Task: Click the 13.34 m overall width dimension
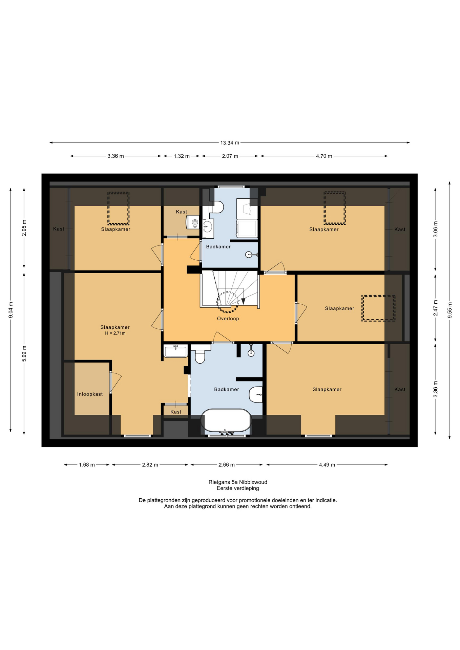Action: pyautogui.click(x=230, y=143)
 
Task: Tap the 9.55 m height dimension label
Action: pyautogui.click(x=450, y=310)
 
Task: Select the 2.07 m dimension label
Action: pyautogui.click(x=230, y=156)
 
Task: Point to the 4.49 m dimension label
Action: pyautogui.click(x=327, y=465)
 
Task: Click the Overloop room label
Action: pyautogui.click(x=228, y=319)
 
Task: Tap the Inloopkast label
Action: pyautogui.click(x=90, y=394)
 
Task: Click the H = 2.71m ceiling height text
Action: pyautogui.click(x=115, y=333)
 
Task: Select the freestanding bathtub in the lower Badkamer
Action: pyautogui.click(x=226, y=420)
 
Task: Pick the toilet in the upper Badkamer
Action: pyautogui.click(x=216, y=207)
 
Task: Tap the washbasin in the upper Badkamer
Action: pyautogui.click(x=208, y=226)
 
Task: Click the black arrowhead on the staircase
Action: pyautogui.click(x=243, y=301)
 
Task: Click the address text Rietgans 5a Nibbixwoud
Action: pyautogui.click(x=238, y=482)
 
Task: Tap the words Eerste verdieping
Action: pyautogui.click(x=238, y=488)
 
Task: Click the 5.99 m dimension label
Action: pyautogui.click(x=24, y=353)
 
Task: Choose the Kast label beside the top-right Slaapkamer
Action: pyautogui.click(x=400, y=229)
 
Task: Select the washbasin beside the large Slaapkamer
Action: pyautogui.click(x=175, y=351)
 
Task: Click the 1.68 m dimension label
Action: pyautogui.click(x=87, y=465)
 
